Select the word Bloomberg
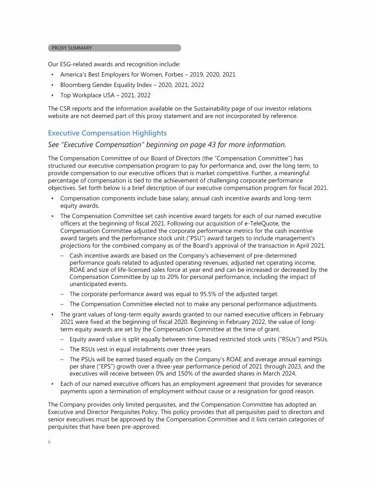click(x=77, y=85)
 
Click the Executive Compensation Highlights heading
click(x=108, y=133)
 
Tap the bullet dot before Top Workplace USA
click(x=52, y=95)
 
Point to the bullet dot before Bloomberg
click(x=52, y=85)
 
